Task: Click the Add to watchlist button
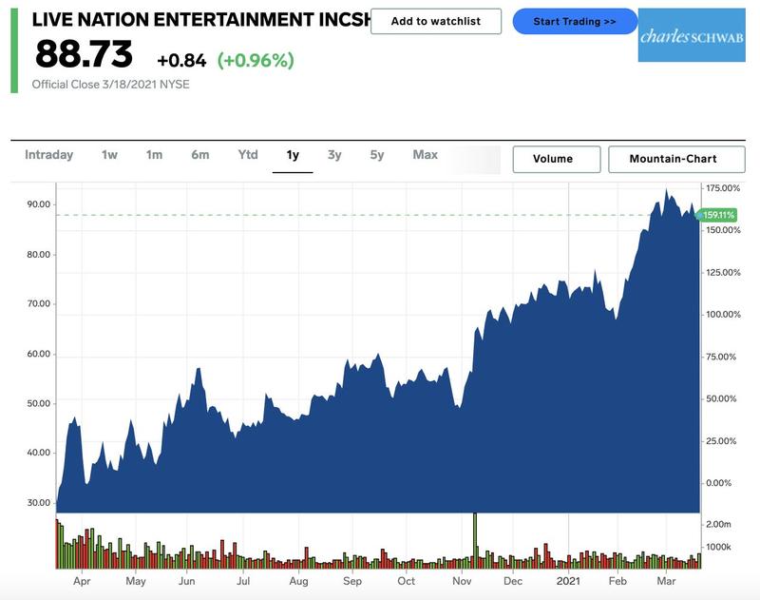click(435, 21)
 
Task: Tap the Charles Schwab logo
click(677, 36)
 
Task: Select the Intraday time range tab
click(48, 155)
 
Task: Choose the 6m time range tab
click(199, 155)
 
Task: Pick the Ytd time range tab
click(247, 155)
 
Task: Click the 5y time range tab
click(377, 155)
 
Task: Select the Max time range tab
click(425, 155)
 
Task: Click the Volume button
click(556, 159)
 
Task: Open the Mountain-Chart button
click(673, 159)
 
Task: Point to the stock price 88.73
click(84, 54)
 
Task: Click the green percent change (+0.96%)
click(256, 60)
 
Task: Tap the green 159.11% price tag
click(717, 215)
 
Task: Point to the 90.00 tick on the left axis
click(39, 204)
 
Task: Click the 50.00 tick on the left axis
click(39, 403)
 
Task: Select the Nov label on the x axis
click(463, 580)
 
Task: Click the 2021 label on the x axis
click(568, 580)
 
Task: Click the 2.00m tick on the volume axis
click(719, 525)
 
